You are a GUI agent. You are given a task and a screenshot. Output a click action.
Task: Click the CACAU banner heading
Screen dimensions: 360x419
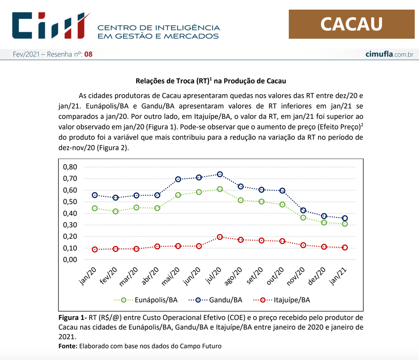(351, 24)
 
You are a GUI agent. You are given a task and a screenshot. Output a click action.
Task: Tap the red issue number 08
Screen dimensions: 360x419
(88, 54)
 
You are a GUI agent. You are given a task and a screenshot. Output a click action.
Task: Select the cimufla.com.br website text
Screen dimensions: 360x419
(389, 54)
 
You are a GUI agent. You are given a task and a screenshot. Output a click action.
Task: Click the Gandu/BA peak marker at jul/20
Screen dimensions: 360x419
(220, 174)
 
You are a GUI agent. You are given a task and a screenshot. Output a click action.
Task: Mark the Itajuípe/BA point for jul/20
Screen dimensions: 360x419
(220, 237)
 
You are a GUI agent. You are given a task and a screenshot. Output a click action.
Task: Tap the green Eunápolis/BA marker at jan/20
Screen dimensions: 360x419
(95, 208)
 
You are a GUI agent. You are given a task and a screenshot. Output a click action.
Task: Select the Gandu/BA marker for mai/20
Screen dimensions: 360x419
(178, 179)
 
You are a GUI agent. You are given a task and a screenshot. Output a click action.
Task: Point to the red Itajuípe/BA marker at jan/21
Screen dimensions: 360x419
(345, 247)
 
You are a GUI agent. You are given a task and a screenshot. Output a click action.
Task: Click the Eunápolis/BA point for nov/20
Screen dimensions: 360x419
(303, 217)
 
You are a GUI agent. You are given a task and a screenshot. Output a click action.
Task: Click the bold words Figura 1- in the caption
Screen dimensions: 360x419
(72, 318)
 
